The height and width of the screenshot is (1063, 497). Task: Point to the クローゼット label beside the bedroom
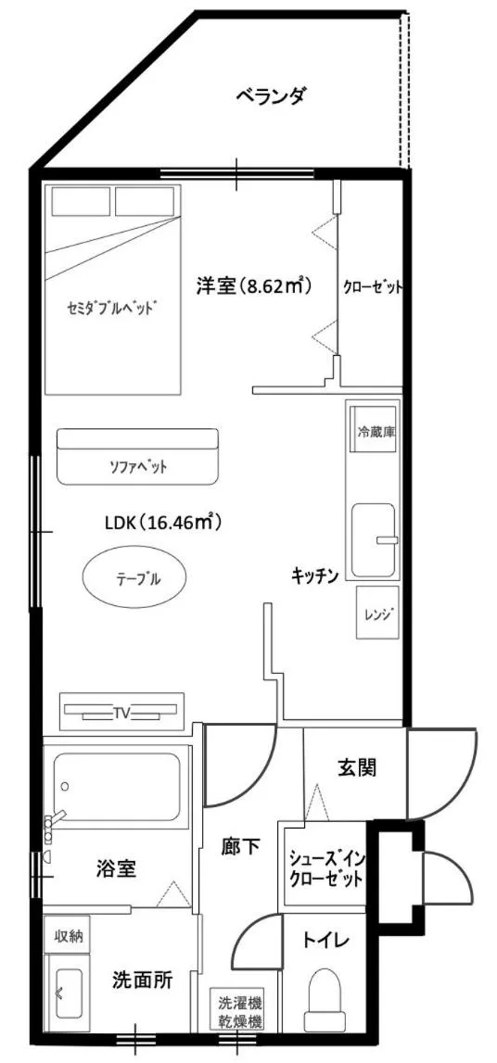[x=373, y=286]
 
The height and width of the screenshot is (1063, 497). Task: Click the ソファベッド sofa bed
[x=136, y=456]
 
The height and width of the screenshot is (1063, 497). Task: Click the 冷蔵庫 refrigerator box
[x=377, y=433]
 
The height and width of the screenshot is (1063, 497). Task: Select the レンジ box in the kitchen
[x=378, y=613]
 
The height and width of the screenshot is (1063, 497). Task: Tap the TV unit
[x=121, y=713]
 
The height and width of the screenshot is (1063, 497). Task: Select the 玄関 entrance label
[x=356, y=767]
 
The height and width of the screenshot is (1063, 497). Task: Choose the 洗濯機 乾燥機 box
[x=240, y=1012]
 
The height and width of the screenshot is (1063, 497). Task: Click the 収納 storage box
[x=67, y=936]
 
